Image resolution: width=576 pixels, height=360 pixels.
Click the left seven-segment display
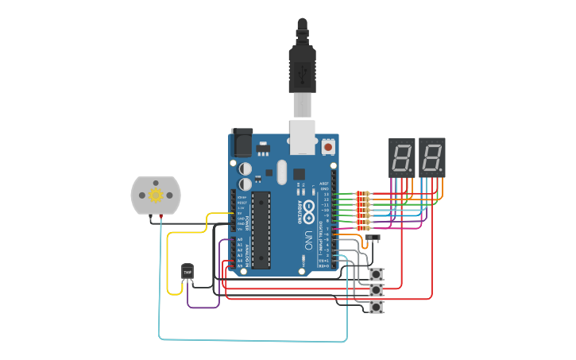402,157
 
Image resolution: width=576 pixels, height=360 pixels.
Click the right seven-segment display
432,157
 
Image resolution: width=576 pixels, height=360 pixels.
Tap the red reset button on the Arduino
328,147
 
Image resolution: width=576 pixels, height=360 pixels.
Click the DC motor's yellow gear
155,194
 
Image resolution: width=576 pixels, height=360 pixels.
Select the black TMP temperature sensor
187,272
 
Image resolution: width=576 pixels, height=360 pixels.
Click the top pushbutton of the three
377,274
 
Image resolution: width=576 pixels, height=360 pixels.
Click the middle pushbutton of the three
377,291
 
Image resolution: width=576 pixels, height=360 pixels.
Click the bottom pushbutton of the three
377,307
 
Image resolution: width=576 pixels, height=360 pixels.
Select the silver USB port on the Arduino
303,136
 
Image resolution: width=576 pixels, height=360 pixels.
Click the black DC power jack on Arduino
242,142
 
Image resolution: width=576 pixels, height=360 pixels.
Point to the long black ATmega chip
261,230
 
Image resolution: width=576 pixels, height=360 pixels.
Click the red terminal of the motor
161,216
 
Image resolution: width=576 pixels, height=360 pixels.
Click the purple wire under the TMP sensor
203,307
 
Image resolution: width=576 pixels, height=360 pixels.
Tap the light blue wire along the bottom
254,340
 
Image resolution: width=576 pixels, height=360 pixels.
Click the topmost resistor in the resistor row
363,194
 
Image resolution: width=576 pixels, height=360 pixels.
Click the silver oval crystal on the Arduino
281,171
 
